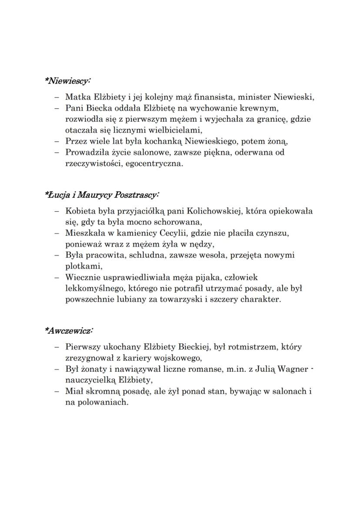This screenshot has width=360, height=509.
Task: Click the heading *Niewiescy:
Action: pos(67,81)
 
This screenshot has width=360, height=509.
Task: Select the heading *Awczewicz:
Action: pos(68,331)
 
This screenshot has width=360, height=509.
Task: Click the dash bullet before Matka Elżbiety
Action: pos(57,97)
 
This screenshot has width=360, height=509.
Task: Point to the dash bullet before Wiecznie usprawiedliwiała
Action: pos(57,278)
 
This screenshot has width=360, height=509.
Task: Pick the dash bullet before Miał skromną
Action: pos(57,392)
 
